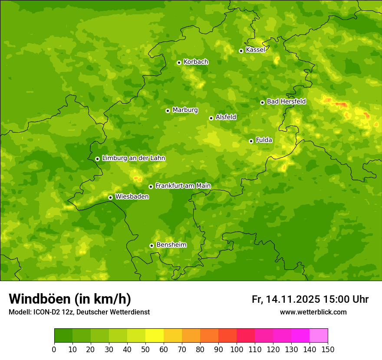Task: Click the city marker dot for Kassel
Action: [x=241, y=51]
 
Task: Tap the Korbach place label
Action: [x=196, y=62]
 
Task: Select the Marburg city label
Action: [x=185, y=110]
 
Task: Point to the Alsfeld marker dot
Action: [x=211, y=118]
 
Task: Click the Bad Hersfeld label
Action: [x=286, y=102]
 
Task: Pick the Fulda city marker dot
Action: [x=251, y=141]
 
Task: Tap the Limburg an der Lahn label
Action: [x=133, y=158]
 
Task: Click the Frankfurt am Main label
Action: [x=183, y=186]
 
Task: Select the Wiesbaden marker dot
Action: [x=110, y=197]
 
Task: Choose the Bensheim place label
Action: [x=171, y=245]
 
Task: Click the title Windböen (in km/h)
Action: [x=70, y=299]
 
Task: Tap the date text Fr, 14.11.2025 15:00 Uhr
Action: [x=310, y=299]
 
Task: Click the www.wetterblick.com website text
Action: [x=313, y=312]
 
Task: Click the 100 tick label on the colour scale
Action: [x=237, y=349]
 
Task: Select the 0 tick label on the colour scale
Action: [x=54, y=349]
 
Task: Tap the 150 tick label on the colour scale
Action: [x=328, y=349]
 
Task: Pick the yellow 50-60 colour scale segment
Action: [x=155, y=336]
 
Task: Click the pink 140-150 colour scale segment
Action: [x=319, y=336]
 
